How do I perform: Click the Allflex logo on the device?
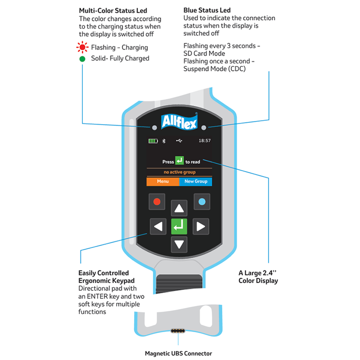pyautogui.click(x=179, y=121)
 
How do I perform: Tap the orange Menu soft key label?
pyautogui.click(x=163, y=181)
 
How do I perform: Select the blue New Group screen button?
pyautogui.click(x=196, y=181)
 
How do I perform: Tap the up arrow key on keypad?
pyautogui.click(x=179, y=208)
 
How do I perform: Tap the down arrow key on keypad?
pyautogui.click(x=179, y=244)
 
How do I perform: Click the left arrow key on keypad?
pyautogui.click(x=158, y=227)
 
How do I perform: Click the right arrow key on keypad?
pyautogui.click(x=201, y=227)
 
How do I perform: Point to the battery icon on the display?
pyautogui.click(x=153, y=141)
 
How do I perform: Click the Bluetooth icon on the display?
pyautogui.click(x=164, y=141)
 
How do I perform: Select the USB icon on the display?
pyautogui.click(x=179, y=140)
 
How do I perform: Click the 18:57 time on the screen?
pyautogui.click(x=205, y=140)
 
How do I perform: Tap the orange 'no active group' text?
pyautogui.click(x=180, y=172)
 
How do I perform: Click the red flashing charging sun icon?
pyautogui.click(x=82, y=47)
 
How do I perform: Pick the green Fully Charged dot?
pyautogui.click(x=82, y=59)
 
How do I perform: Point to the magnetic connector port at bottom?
pyautogui.click(x=178, y=331)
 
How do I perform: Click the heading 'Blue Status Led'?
pyautogui.click(x=207, y=10)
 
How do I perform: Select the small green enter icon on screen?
pyautogui.click(x=180, y=161)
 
